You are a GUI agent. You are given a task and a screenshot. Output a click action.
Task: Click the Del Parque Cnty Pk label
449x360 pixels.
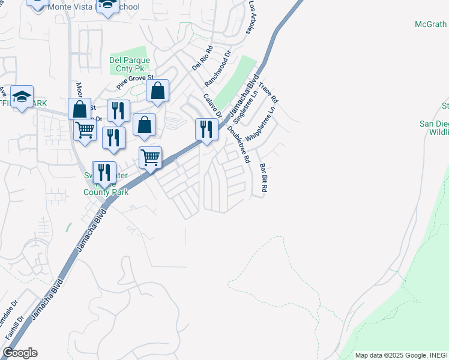click(128, 64)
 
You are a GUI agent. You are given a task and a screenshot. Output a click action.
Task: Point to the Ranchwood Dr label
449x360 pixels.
click(218, 68)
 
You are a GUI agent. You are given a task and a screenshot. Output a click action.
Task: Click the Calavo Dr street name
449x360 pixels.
click(212, 106)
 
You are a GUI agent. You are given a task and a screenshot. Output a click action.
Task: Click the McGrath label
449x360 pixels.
click(431, 25)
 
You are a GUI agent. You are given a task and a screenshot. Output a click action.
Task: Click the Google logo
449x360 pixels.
click(20, 353)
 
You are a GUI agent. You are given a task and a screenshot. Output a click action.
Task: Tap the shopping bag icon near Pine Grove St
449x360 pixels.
click(157, 91)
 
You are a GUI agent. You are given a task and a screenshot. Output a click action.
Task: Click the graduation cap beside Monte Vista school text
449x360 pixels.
click(108, 5)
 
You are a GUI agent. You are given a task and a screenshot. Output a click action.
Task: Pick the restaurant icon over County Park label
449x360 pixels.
click(104, 172)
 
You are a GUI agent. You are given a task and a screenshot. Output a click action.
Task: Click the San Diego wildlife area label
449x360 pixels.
click(433, 128)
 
